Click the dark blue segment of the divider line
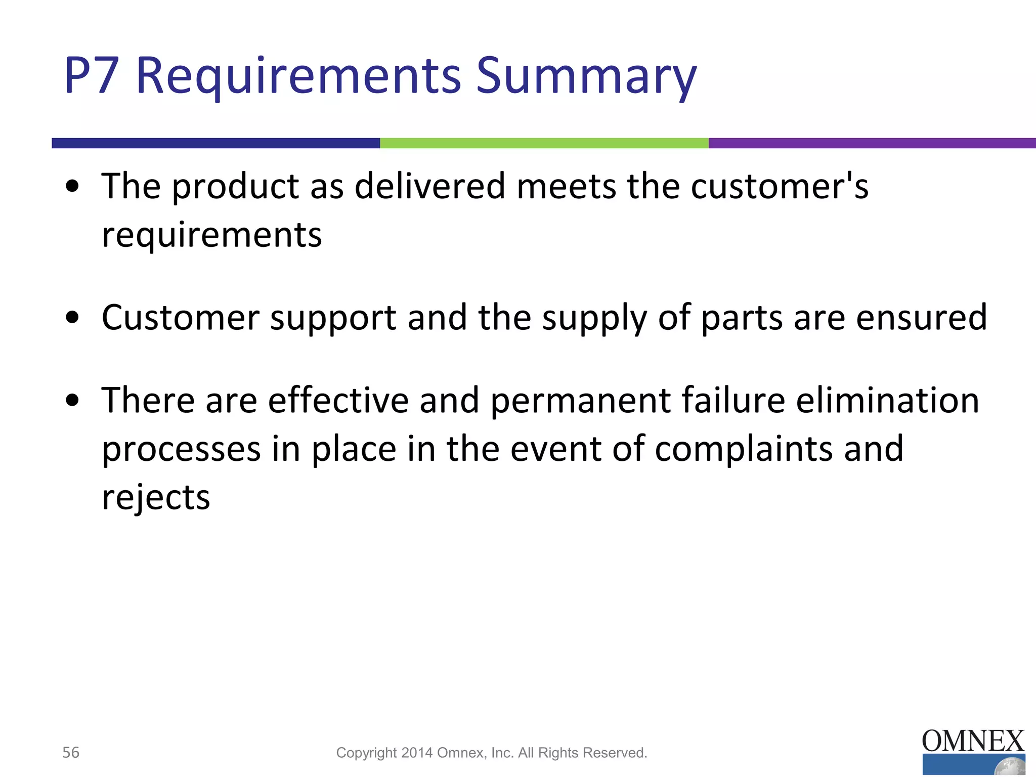coord(215,143)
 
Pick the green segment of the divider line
coord(544,143)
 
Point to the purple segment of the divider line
coord(872,143)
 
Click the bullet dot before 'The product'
coord(73,186)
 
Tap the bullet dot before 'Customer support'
coord(73,318)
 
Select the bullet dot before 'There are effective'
coord(73,400)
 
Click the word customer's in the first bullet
coord(780,186)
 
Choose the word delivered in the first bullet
coord(430,186)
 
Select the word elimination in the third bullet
coord(888,400)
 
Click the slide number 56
coord(71,753)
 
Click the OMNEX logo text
coord(973,742)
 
